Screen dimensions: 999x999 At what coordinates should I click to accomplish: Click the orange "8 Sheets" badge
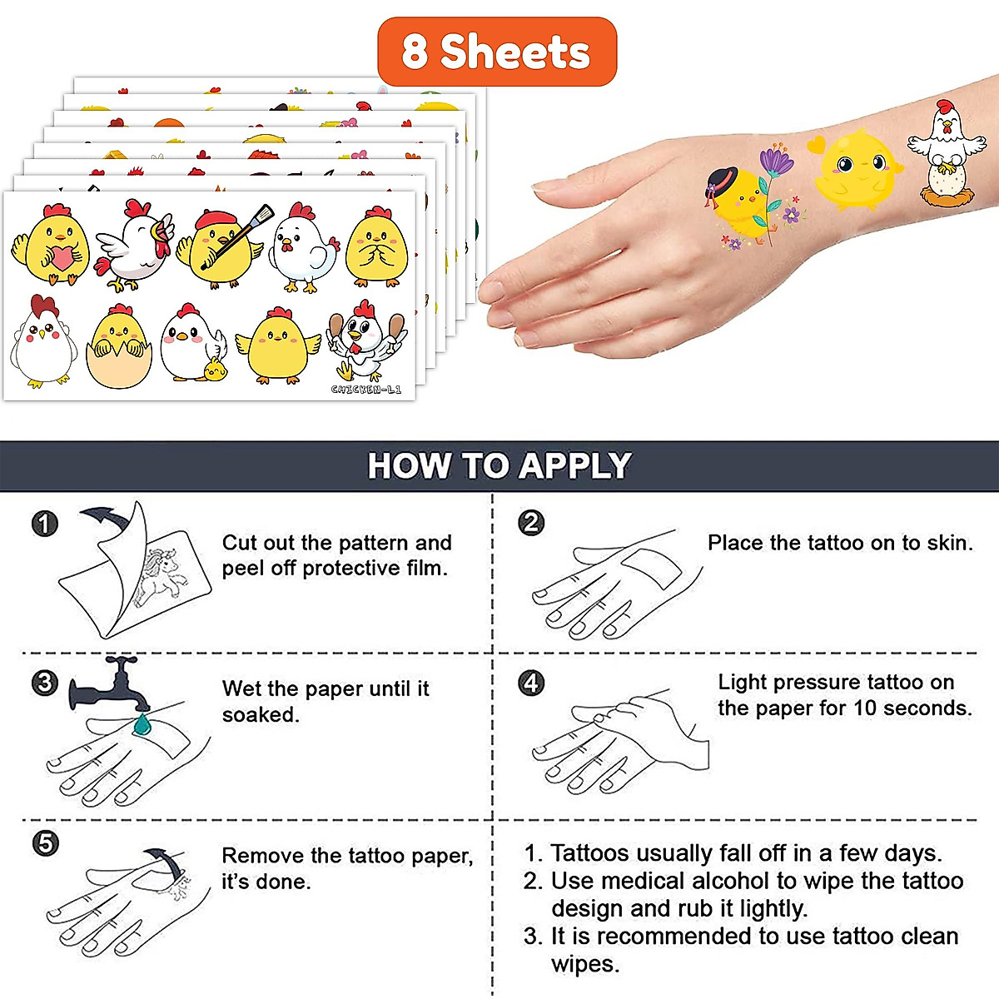click(497, 52)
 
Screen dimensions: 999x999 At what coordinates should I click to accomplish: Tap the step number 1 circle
click(44, 524)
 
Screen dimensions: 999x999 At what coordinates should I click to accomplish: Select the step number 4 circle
click(531, 683)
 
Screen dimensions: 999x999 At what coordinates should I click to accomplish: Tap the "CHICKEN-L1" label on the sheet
click(365, 390)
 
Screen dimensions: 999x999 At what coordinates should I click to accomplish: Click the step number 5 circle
click(45, 842)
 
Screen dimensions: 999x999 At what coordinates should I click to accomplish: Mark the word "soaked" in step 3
click(259, 715)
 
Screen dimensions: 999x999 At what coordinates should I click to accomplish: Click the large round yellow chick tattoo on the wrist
click(856, 169)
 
